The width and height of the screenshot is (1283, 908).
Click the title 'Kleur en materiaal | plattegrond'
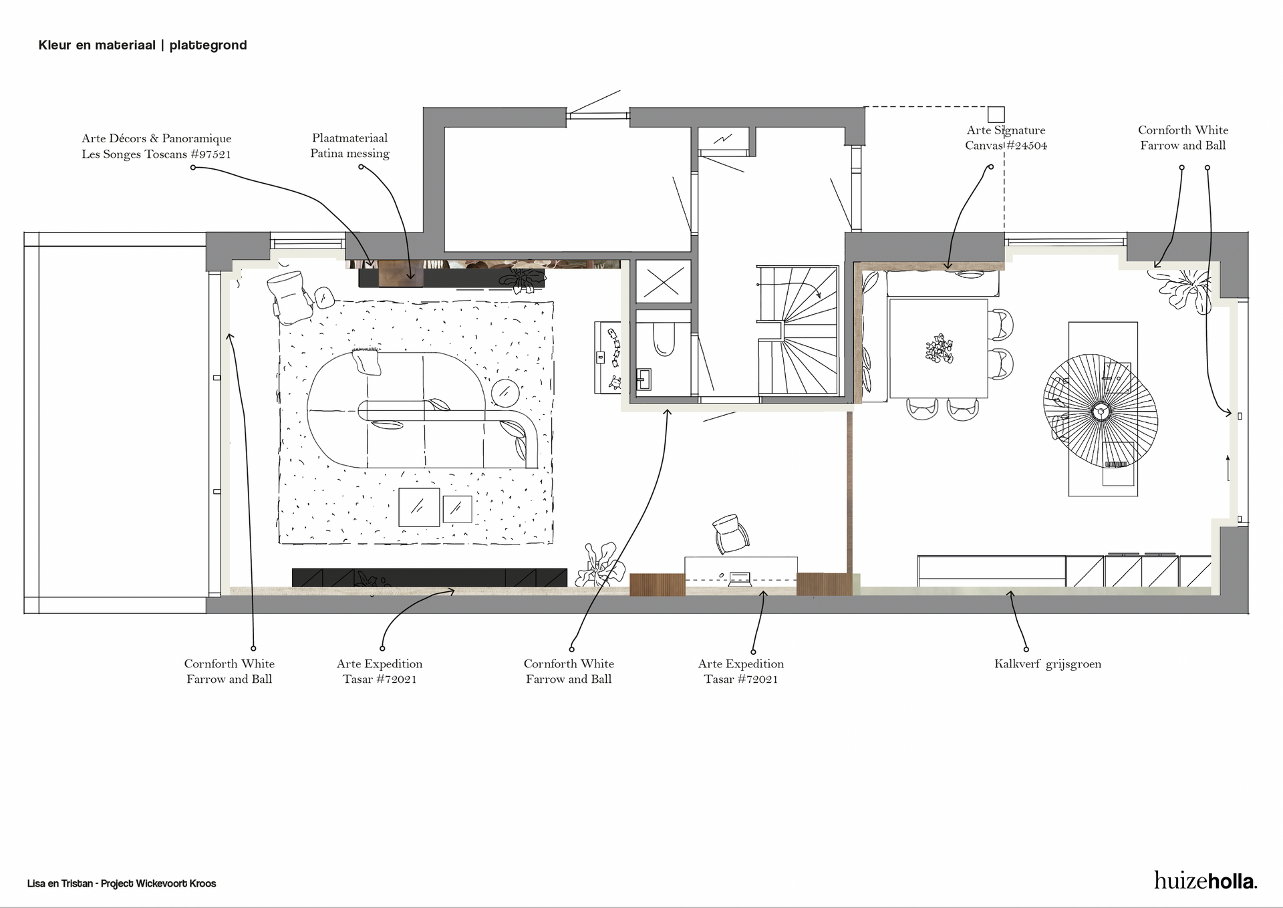tap(142, 45)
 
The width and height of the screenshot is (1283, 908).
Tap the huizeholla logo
tap(1205, 880)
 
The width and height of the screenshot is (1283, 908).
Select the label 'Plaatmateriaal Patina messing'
tap(349, 146)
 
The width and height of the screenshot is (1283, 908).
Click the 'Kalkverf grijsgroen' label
tap(1047, 664)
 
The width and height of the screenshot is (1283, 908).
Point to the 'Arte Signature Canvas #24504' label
tap(1006, 138)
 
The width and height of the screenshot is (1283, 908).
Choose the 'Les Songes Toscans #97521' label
tap(156, 154)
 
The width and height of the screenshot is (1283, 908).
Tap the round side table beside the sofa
tap(506, 392)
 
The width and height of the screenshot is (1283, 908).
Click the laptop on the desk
tap(740, 576)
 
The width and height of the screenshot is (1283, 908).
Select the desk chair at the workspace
tap(731, 534)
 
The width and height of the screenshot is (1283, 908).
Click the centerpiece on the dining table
tap(939, 348)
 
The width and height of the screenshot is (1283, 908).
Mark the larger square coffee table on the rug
tap(419, 507)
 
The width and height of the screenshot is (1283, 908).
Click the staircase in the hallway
tap(798, 330)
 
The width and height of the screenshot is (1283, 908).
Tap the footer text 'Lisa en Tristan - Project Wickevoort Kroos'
tap(122, 883)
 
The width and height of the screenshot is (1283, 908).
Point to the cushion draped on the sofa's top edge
tap(367, 360)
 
